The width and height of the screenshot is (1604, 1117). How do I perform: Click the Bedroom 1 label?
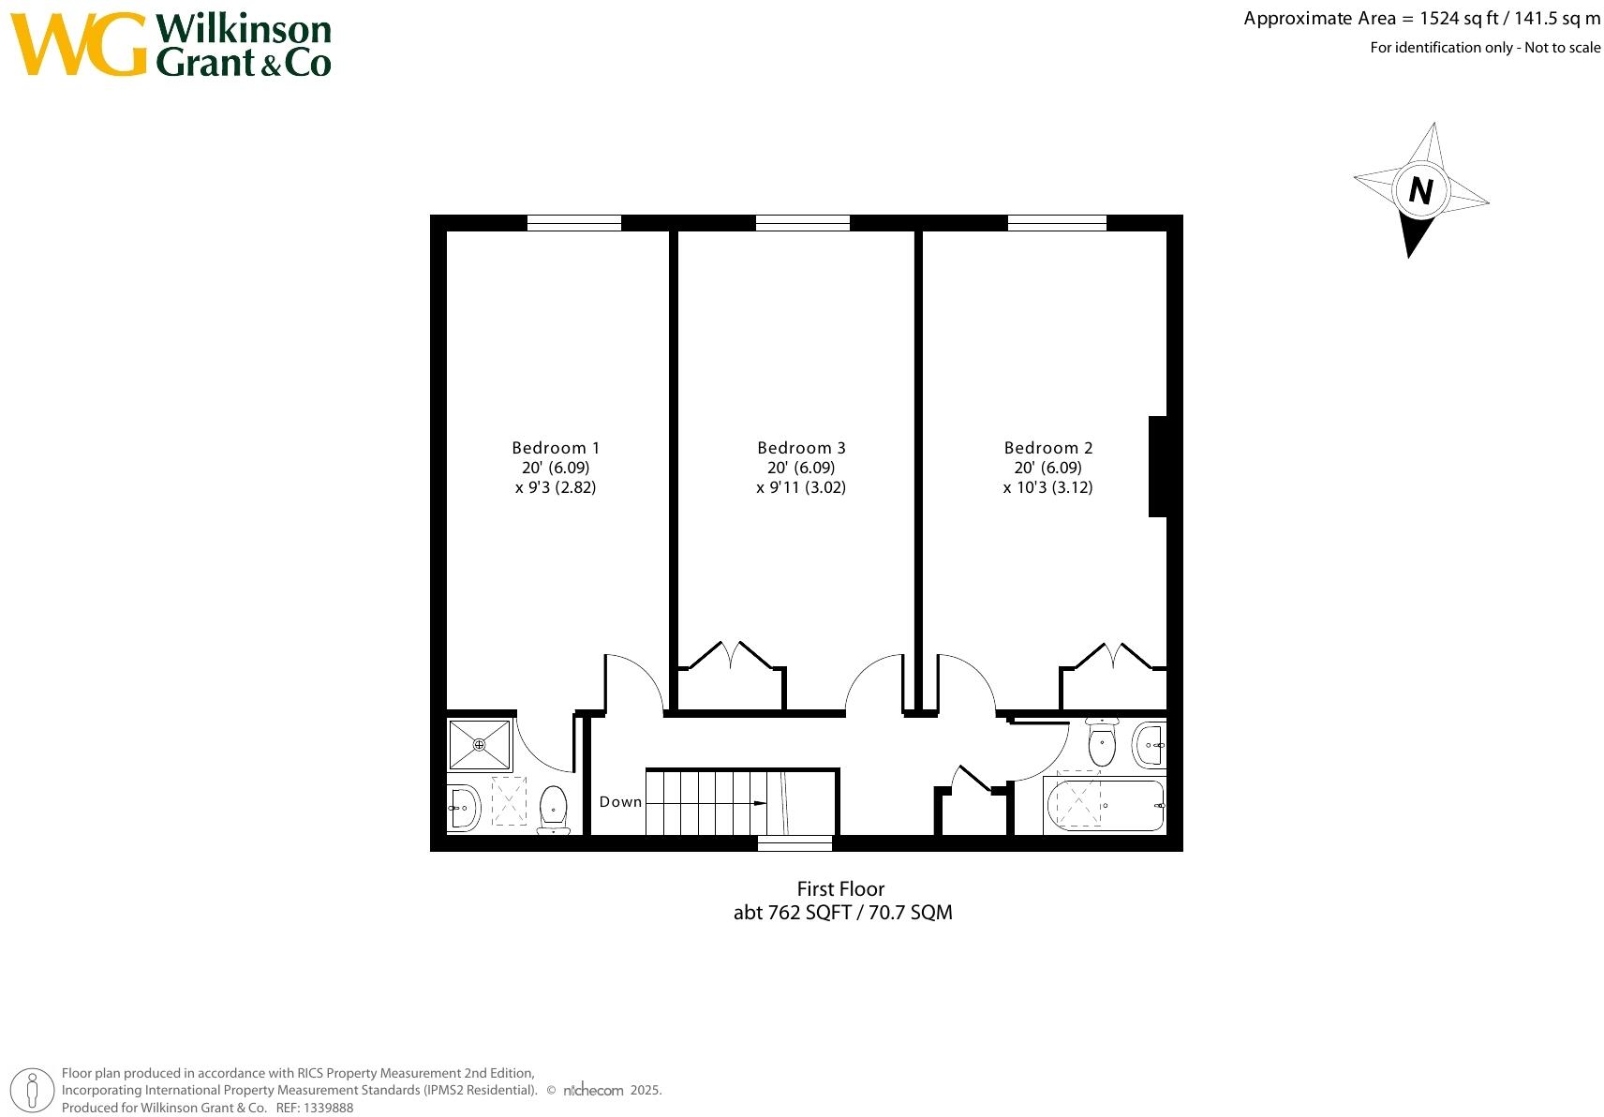[x=556, y=448]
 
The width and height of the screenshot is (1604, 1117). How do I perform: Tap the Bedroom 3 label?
[x=801, y=448]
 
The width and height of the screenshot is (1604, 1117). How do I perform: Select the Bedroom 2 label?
[x=1048, y=448]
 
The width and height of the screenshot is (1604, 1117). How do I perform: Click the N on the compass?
[x=1420, y=191]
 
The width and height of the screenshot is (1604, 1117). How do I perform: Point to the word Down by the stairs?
[x=620, y=802]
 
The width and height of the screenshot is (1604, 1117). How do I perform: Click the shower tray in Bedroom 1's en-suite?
[x=480, y=745]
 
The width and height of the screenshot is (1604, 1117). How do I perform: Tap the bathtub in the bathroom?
[x=1105, y=805]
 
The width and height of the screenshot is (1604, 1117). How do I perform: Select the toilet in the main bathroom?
[x=1102, y=744]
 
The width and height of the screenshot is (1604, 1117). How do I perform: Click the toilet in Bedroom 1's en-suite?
[x=554, y=809]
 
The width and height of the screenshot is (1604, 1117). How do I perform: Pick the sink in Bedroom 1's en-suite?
[x=464, y=807]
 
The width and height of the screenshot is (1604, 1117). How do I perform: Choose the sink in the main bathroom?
[x=1150, y=746]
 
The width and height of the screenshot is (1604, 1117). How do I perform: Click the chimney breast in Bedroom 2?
[x=1158, y=467]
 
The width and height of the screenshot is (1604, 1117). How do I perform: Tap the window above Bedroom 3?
[x=803, y=223]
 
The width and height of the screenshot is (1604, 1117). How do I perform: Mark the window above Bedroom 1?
[x=574, y=223]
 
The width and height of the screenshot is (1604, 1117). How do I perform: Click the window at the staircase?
[x=795, y=843]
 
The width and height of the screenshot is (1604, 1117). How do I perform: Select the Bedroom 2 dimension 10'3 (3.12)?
[x=1047, y=487]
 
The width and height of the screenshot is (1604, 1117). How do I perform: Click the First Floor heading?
[x=840, y=889]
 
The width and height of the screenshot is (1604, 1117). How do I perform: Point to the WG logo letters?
[x=79, y=44]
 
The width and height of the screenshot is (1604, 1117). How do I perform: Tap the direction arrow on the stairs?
[x=759, y=803]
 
